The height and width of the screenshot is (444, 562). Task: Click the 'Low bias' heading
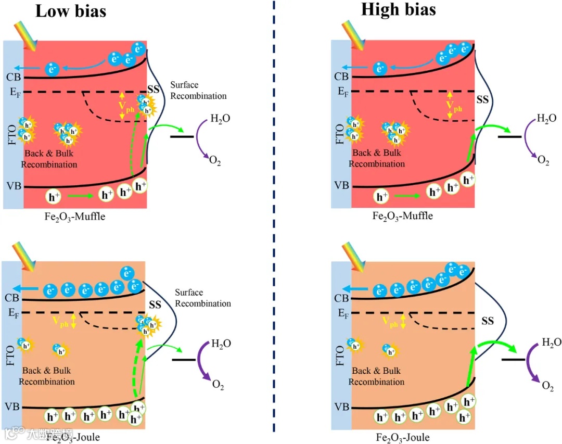pyautogui.click(x=70, y=11)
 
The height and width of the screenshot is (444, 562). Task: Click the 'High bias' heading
pyautogui.click(x=398, y=9)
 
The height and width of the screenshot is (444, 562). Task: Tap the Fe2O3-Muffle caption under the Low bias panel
pyautogui.click(x=74, y=216)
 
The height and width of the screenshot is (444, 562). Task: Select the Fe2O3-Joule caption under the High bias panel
pyautogui.click(x=403, y=437)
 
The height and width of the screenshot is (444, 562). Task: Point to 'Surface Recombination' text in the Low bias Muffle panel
pyautogui.click(x=198, y=90)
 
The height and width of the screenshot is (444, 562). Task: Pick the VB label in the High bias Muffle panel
pyautogui.click(x=341, y=185)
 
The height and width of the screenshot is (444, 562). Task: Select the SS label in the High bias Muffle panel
pyautogui.click(x=482, y=99)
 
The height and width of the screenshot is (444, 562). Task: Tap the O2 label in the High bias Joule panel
pyautogui.click(x=547, y=386)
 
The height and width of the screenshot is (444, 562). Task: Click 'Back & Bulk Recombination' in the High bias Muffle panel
pyautogui.click(x=376, y=158)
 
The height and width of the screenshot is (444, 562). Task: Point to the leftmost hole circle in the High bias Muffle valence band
pyautogui.click(x=382, y=197)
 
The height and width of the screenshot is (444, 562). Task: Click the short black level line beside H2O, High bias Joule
pyautogui.click(x=512, y=359)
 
